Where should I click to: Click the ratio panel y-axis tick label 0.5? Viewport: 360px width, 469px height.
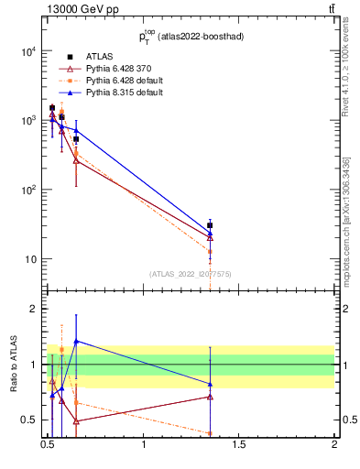(28, 420)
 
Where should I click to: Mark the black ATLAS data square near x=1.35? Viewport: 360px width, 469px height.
(211, 225)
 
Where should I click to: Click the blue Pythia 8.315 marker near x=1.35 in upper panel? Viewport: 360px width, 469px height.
(211, 233)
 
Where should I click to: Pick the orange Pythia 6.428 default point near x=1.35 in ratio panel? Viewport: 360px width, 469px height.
(211, 433)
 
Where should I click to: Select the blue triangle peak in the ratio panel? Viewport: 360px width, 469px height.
(76, 341)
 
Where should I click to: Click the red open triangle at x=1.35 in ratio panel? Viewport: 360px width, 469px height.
(211, 397)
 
